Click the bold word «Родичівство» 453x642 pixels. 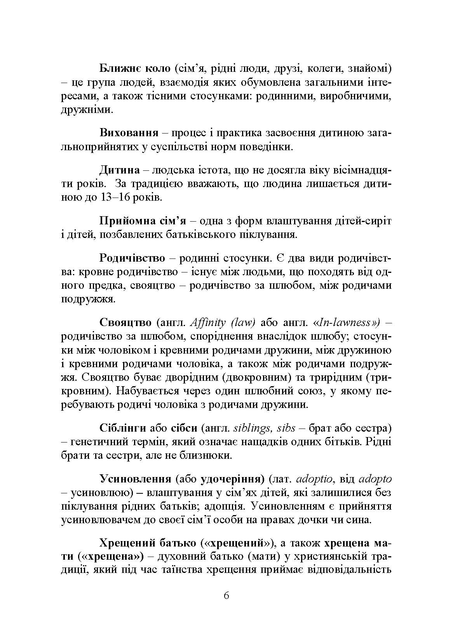[132, 258]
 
